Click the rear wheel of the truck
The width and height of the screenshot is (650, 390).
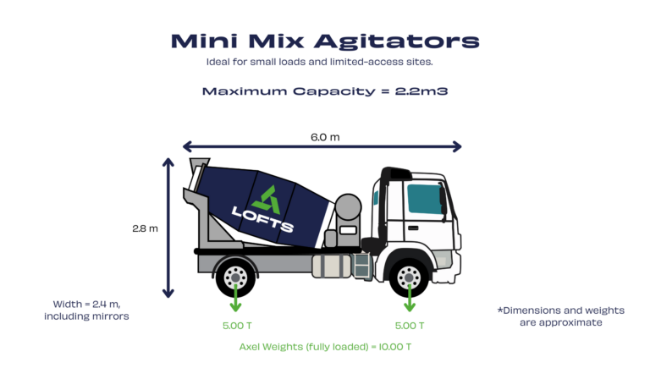pos(234,275)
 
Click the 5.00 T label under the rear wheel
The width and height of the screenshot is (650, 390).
pos(234,325)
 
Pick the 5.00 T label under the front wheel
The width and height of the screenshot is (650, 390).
pos(410,325)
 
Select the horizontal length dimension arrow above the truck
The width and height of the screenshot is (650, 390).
pos(322,146)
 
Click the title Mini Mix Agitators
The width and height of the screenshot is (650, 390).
pos(324,41)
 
